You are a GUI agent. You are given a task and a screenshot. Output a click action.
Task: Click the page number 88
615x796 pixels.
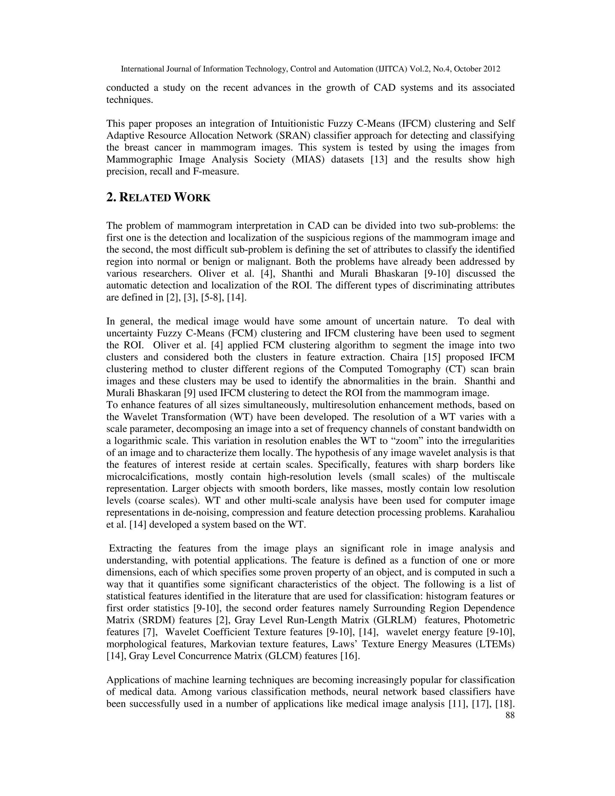(510, 715)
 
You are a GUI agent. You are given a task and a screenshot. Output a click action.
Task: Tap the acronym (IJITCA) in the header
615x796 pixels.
(391, 69)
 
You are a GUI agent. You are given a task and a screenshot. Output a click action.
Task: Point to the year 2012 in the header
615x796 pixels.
(491, 69)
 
